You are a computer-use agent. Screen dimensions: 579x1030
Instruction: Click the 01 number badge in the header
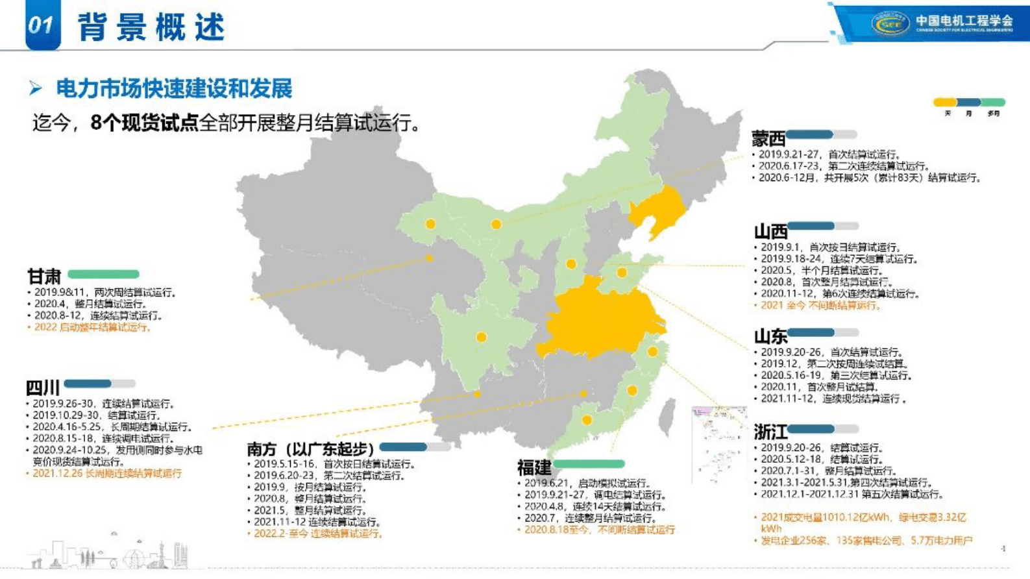point(42,25)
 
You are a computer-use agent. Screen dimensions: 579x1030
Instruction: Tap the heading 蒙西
point(768,138)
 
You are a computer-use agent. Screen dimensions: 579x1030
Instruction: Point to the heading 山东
point(770,336)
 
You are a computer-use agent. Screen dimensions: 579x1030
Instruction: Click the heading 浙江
point(770,432)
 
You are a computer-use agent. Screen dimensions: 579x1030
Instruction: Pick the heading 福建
point(534,467)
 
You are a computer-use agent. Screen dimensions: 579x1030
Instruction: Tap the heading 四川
point(43,388)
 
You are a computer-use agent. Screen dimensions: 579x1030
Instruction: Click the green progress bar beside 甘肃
point(103,275)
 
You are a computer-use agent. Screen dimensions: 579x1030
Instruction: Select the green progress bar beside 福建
point(589,464)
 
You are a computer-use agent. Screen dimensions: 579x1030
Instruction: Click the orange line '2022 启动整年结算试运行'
point(92,328)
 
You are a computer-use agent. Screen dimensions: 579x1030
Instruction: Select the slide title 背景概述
point(151,27)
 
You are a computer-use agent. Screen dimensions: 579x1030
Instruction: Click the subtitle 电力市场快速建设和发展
point(174,89)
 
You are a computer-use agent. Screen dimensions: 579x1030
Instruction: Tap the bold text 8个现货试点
point(144,123)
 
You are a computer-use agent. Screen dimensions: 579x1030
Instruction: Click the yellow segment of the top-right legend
point(945,103)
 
